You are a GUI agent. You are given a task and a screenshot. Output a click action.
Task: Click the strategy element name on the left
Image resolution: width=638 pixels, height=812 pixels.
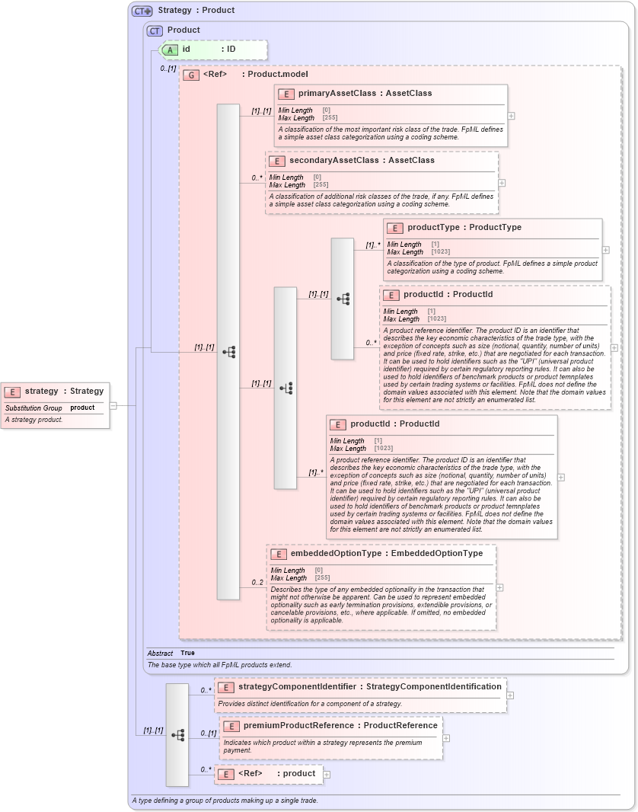pos(42,392)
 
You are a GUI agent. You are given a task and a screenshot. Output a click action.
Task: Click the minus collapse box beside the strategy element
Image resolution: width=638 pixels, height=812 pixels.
pos(113,405)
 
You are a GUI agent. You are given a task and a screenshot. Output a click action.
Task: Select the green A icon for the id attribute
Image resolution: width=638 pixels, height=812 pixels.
pos(171,50)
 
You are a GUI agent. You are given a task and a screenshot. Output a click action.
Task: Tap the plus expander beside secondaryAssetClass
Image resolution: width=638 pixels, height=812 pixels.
pos(502,183)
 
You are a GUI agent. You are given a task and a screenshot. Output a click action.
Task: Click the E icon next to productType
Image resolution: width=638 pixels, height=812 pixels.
pos(394,228)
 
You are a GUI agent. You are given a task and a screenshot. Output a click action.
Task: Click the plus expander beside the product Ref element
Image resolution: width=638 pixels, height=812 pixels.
pos(327,774)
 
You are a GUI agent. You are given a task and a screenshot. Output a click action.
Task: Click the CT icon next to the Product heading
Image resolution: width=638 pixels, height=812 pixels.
pos(155,31)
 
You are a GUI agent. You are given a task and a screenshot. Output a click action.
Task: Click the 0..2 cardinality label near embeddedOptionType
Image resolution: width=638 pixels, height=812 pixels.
pos(257,583)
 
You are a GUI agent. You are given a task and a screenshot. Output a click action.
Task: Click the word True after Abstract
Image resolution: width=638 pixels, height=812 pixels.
pos(187,654)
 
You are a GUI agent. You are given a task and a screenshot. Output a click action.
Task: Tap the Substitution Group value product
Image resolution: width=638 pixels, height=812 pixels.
pos(82,408)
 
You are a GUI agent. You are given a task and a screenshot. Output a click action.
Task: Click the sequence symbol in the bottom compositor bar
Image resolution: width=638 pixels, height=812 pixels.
pos(178,735)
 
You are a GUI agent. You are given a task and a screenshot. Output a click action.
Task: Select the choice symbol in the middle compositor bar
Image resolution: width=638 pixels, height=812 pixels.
pos(286,388)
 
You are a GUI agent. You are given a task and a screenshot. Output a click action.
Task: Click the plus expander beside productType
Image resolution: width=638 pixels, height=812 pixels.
pos(606,250)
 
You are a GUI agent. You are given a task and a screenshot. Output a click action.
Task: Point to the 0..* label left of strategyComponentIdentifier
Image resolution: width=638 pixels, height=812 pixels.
pos(206,690)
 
